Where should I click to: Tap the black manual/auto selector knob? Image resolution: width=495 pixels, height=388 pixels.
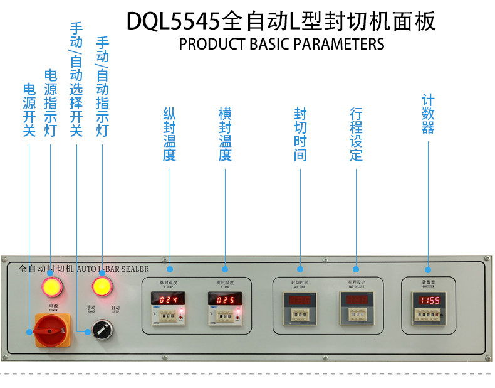(102, 328)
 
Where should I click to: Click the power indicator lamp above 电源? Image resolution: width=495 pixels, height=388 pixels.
(52, 287)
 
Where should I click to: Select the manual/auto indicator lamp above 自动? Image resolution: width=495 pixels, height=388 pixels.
(102, 287)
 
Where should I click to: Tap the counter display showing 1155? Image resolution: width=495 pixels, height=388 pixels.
(429, 300)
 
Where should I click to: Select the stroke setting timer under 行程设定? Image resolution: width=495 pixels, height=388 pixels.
(356, 307)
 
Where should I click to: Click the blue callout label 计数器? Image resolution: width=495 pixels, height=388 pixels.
(428, 114)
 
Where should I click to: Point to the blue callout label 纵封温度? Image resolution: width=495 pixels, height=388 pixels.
(169, 134)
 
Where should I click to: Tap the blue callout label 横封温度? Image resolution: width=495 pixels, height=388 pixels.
(225, 134)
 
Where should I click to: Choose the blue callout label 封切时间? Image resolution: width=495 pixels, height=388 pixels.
(301, 134)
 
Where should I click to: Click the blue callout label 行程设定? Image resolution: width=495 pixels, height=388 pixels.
(356, 134)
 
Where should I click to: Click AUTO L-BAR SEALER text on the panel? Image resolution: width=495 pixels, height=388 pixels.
(113, 268)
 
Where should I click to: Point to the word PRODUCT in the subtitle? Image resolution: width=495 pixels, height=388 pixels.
(206, 45)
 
